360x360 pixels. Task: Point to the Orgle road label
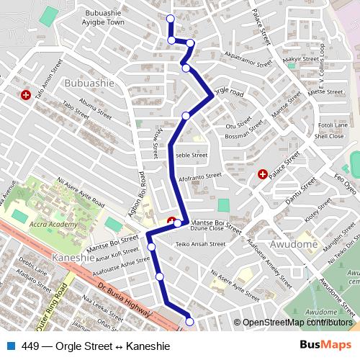click(229, 92)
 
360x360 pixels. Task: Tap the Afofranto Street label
click(200, 176)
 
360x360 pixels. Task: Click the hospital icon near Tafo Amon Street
click(26, 94)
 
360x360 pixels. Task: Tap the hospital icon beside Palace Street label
click(263, 174)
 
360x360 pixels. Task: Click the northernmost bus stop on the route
click(170, 18)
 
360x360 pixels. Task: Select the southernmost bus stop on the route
click(190, 321)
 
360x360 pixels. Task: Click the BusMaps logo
click(320, 346)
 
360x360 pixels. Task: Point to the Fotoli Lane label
click(331, 125)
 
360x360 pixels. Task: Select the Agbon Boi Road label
click(141, 189)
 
